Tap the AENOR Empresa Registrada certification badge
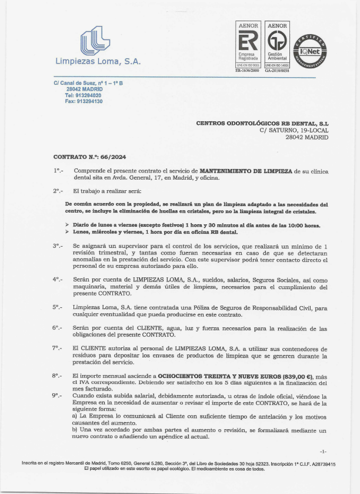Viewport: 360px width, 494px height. tap(248, 46)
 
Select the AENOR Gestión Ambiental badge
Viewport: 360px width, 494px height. tap(276, 46)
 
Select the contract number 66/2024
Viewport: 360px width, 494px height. tap(114, 157)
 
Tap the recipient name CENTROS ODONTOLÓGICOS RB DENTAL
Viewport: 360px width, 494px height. tap(262, 123)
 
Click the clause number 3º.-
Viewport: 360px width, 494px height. tap(58, 245)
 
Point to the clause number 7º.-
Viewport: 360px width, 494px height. tap(58, 348)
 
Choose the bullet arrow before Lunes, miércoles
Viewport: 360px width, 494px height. tap(67, 232)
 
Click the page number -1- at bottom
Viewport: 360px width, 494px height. tap(324, 451)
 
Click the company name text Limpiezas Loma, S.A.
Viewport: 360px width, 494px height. tap(98, 62)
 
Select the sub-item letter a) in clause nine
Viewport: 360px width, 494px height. tap(75, 416)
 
